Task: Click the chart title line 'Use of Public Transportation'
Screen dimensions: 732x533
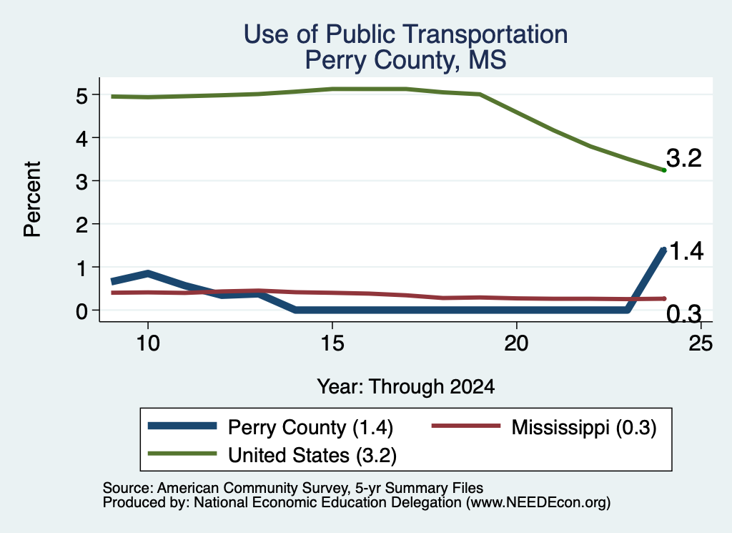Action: coord(406,34)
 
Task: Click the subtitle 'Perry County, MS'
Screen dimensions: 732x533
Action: coord(406,61)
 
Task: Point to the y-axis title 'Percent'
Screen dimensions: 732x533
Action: coord(33,199)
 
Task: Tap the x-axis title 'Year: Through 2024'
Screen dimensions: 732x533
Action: coord(406,387)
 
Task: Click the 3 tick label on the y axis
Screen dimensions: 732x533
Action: coord(81,182)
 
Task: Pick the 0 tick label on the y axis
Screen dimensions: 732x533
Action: coord(81,310)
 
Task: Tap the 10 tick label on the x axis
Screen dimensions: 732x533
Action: coord(148,343)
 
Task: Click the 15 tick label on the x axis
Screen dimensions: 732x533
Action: coord(332,343)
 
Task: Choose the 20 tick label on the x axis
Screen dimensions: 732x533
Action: coord(516,343)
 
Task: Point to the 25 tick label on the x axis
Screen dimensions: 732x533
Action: coord(701,343)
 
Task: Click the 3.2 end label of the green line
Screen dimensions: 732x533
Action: coord(684,158)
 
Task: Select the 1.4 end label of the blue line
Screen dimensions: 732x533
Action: coord(686,251)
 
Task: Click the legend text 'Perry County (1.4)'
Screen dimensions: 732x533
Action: coord(310,427)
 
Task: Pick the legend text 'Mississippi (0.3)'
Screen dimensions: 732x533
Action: coord(584,427)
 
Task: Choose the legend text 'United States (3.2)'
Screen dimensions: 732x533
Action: coord(312,456)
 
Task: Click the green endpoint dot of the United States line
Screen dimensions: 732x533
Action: coord(664,170)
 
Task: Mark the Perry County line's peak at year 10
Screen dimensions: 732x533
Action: coord(148,274)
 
